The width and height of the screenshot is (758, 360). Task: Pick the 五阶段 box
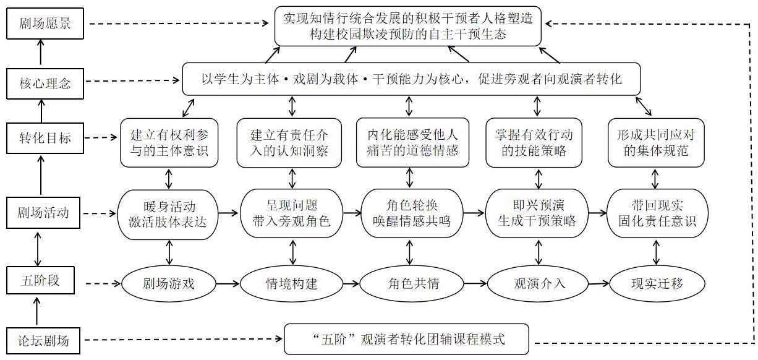39,282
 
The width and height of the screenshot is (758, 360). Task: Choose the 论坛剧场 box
43,340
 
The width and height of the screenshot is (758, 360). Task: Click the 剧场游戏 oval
169,284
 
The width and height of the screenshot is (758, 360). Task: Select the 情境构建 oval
291,284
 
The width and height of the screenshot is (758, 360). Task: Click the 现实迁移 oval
657,284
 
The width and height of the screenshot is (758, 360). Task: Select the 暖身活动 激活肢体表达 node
169,213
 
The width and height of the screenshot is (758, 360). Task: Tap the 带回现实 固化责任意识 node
657,213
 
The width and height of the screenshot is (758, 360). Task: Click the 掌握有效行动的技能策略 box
535,142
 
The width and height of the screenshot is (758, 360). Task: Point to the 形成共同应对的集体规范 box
657,142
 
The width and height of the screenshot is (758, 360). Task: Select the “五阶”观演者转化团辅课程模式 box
407,339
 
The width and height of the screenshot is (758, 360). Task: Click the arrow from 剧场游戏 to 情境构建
227,284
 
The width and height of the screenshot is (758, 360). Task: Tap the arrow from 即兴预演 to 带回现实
597,213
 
